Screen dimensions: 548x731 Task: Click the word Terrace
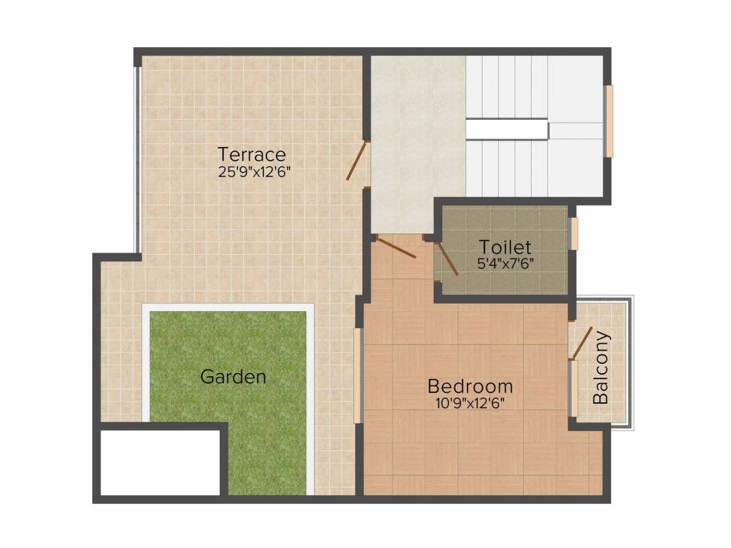252,154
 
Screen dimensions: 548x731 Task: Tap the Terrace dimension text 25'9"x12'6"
255,171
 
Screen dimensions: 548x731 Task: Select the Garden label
233,377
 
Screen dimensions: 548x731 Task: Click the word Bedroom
470,387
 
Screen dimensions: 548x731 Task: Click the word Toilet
505,248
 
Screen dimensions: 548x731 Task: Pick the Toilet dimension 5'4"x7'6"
505,263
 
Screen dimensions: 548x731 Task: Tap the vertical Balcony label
601,367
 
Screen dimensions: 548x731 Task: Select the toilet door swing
447,258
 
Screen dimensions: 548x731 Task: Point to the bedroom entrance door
395,247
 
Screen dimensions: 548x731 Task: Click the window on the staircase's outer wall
609,121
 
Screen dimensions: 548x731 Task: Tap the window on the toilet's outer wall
573,233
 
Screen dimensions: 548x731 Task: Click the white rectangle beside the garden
159,462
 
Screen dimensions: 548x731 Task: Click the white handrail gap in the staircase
507,129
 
